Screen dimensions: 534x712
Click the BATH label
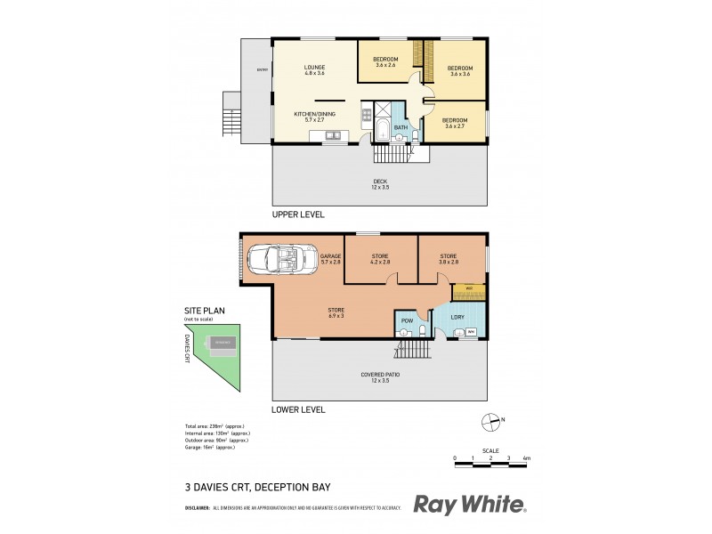coord(400,128)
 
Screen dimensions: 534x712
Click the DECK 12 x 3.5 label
coord(380,184)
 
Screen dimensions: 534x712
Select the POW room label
coord(406,320)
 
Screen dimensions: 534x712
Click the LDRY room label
coord(458,318)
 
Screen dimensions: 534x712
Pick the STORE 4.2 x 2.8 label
coord(380,259)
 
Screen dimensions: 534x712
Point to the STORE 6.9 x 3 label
coord(336,311)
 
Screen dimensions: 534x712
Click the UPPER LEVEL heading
coord(299,215)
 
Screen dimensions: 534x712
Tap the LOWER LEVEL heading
coord(299,410)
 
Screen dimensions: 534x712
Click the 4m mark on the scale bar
coord(528,458)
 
